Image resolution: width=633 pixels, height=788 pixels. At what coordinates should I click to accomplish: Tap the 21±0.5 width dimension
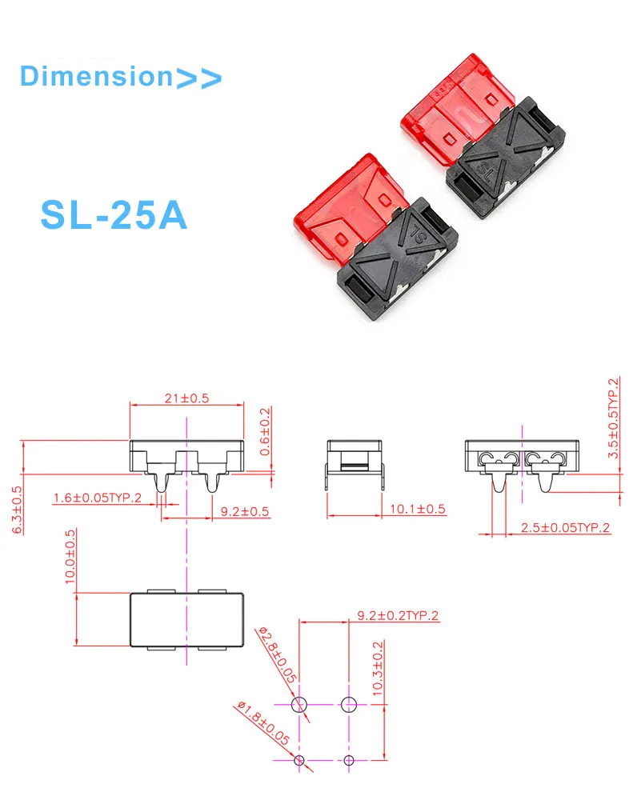pos(186,398)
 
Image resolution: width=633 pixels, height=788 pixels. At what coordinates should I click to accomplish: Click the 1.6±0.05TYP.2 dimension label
pos(98,498)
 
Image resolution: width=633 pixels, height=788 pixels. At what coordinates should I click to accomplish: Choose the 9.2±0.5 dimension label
pos(239,511)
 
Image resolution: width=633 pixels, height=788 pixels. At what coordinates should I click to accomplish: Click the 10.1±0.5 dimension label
pos(417,509)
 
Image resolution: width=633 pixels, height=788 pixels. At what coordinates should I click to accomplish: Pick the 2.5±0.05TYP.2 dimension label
pos(565,527)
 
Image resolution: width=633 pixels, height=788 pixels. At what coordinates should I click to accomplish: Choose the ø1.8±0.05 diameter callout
pos(262,723)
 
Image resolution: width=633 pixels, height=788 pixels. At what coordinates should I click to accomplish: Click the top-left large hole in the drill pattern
pos(298,705)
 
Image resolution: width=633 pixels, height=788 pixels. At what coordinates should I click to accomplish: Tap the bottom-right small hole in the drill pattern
pos(349,759)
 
